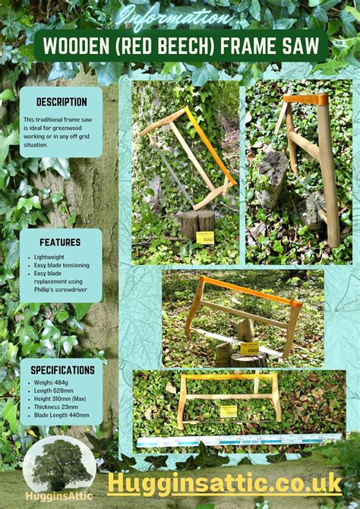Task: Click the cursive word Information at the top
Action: pyautogui.click(x=179, y=16)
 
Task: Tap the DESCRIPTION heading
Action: pyautogui.click(x=61, y=102)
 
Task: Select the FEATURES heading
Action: pyautogui.click(x=61, y=242)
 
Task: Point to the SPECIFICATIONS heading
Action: pyautogui.click(x=62, y=370)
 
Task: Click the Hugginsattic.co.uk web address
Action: pyautogui.click(x=225, y=482)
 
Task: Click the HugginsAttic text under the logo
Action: pyautogui.click(x=58, y=495)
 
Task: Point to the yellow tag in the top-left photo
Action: pyautogui.click(x=205, y=237)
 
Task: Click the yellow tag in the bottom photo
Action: pyautogui.click(x=228, y=411)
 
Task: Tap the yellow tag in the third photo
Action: pyautogui.click(x=249, y=349)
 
